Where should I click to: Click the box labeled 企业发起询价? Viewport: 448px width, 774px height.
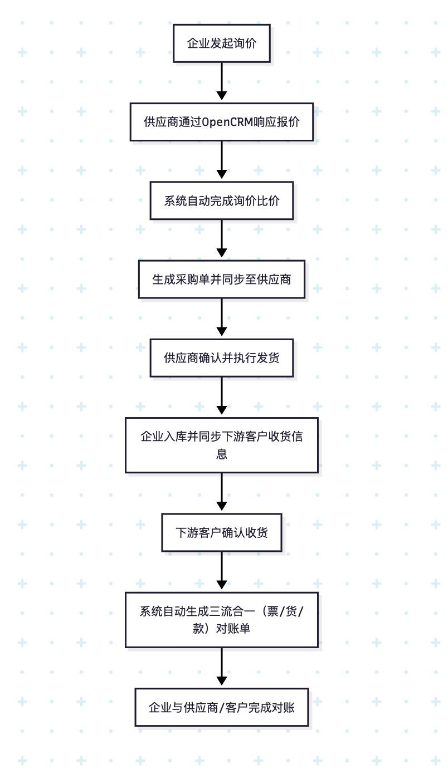click(x=221, y=43)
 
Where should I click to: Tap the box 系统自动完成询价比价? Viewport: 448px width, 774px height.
click(x=221, y=200)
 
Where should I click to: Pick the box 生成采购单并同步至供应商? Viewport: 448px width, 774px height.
click(x=221, y=279)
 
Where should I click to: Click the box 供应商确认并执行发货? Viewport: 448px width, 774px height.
click(x=221, y=357)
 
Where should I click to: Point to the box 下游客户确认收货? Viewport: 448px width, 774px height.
click(x=221, y=532)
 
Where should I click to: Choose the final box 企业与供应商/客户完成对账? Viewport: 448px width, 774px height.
click(x=221, y=707)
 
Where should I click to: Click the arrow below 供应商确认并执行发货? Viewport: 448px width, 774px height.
click(x=222, y=396)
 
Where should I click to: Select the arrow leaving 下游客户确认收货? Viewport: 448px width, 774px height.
click(x=222, y=571)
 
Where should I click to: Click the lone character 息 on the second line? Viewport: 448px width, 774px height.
click(x=221, y=454)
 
